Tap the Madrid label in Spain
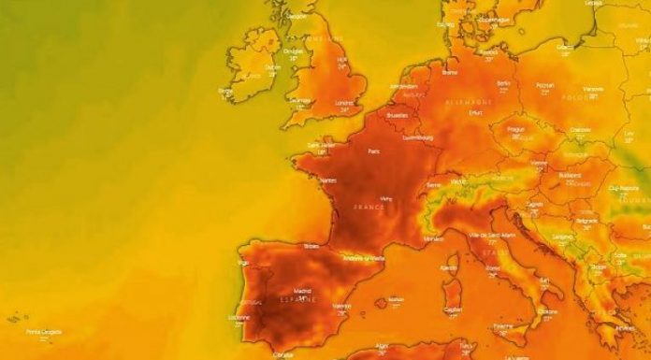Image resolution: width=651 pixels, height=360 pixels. pyautogui.click(x=302, y=291)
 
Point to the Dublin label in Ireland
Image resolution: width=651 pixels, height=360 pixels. pyautogui.click(x=273, y=66)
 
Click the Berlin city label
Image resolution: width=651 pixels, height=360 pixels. pyautogui.click(x=504, y=82)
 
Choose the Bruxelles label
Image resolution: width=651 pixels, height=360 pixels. pyautogui.click(x=396, y=115)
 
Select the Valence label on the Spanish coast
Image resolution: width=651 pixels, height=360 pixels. pyautogui.click(x=341, y=305)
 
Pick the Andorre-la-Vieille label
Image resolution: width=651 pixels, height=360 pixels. pyautogui.click(x=364, y=257)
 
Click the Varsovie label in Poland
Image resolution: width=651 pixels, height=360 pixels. pyautogui.click(x=593, y=90)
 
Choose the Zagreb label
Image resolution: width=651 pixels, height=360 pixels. pyautogui.click(x=535, y=203)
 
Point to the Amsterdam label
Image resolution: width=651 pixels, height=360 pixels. pyautogui.click(x=403, y=85)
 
